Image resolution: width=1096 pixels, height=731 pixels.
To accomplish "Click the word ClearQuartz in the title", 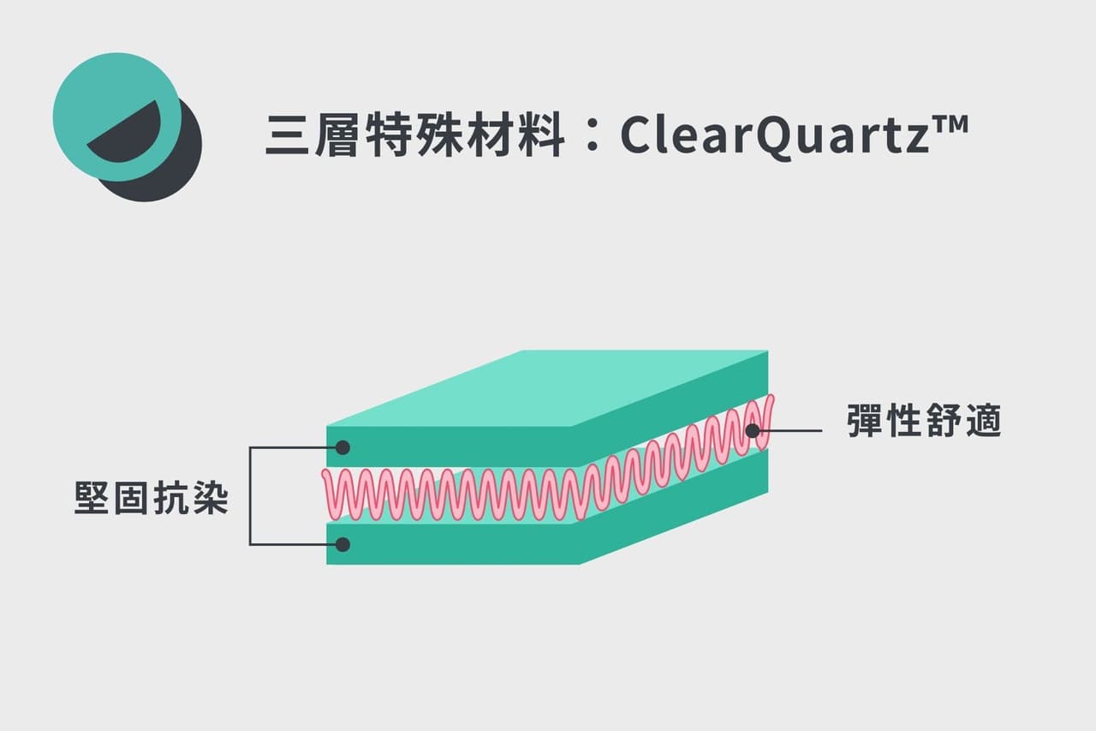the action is (774, 135).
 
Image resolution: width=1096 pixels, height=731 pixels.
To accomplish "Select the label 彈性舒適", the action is (924, 420).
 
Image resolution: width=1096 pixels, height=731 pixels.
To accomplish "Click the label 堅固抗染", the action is (152, 497).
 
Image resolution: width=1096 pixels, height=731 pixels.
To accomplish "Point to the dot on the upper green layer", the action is (342, 447).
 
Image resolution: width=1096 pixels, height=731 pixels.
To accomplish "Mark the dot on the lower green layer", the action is (342, 544).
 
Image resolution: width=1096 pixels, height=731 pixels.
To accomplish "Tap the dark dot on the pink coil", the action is (753, 431).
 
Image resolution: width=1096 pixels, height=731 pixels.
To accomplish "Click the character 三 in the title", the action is (287, 135).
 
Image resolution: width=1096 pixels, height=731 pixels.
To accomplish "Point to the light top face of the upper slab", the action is (547, 387).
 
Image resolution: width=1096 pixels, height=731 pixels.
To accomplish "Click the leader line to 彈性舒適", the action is (787, 431).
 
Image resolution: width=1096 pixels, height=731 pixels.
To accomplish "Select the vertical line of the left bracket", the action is (250, 495).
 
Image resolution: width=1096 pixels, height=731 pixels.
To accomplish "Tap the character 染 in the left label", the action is (211, 497).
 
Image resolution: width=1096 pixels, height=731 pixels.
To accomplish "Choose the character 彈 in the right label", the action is (865, 420).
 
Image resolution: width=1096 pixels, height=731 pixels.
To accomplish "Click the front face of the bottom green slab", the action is (453, 544).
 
